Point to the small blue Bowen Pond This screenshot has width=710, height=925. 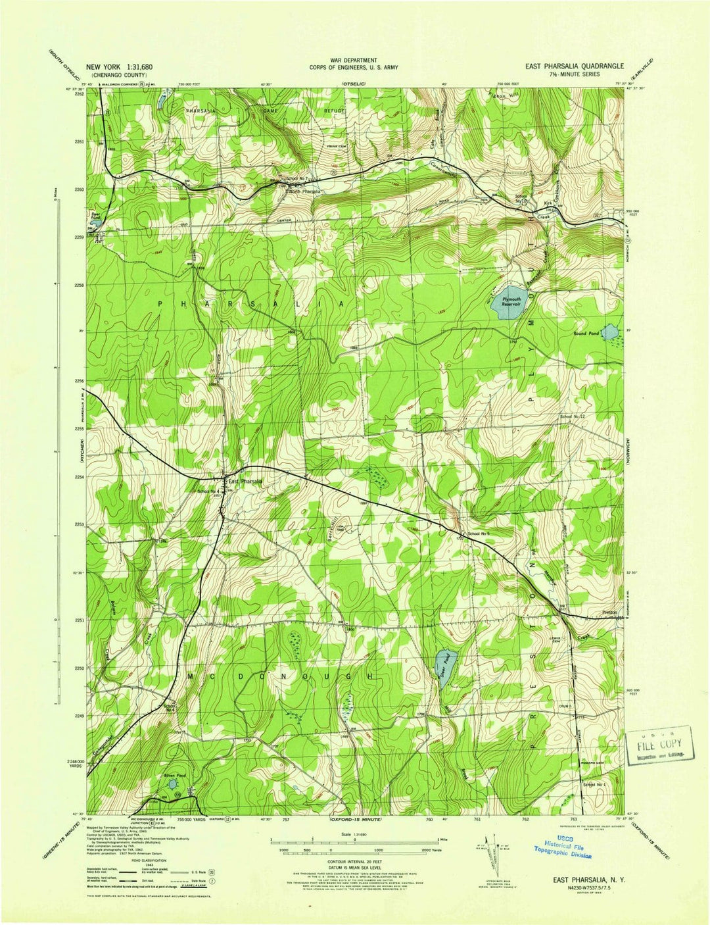(x=171, y=784)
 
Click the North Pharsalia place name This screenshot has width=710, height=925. (x=304, y=191)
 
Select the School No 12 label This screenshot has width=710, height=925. (x=572, y=417)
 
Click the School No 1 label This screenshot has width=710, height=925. (x=594, y=785)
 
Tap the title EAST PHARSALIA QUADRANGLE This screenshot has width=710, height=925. (x=573, y=66)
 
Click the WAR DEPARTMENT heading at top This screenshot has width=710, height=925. (x=354, y=60)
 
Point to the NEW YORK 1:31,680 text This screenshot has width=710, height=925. (x=119, y=67)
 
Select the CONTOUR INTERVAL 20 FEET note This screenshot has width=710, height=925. (x=354, y=860)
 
